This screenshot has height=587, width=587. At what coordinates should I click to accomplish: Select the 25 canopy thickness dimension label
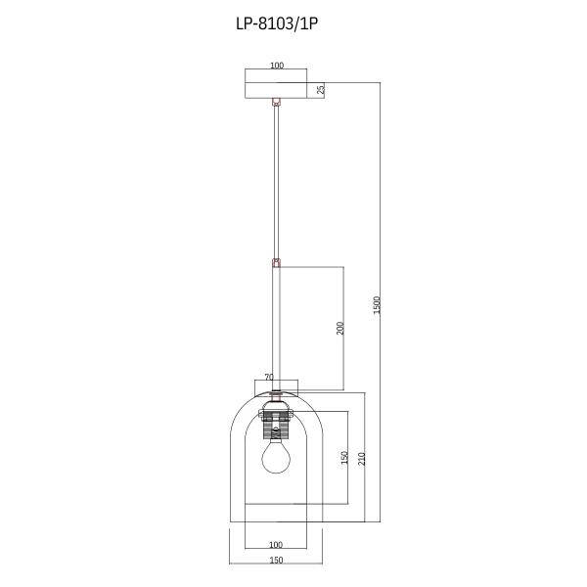pyautogui.click(x=321, y=90)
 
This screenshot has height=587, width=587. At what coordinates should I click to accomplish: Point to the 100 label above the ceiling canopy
pyautogui.click(x=275, y=66)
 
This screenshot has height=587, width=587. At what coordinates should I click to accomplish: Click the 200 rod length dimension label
pyautogui.click(x=339, y=329)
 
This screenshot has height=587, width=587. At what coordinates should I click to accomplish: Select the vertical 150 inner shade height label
pyautogui.click(x=344, y=459)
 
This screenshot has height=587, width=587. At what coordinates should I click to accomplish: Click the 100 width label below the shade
pyautogui.click(x=275, y=545)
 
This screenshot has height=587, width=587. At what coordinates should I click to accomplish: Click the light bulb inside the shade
pyautogui.click(x=276, y=457)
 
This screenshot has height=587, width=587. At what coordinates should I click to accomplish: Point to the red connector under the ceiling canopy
pyautogui.click(x=276, y=101)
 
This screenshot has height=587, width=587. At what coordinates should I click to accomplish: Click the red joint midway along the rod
pyautogui.click(x=276, y=262)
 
